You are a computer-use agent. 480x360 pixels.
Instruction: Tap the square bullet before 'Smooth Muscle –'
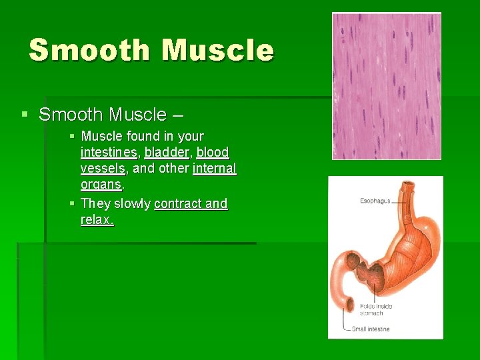[x=25, y=115]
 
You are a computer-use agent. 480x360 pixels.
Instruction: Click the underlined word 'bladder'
[x=167, y=152]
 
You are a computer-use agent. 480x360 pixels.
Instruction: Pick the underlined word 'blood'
[x=213, y=152]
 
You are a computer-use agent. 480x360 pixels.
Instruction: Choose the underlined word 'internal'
[x=214, y=169]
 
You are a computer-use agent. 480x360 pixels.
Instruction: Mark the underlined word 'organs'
[x=101, y=185]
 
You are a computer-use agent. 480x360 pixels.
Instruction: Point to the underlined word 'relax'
[x=96, y=219]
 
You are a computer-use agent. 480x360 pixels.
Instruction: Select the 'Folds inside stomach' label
[x=376, y=310]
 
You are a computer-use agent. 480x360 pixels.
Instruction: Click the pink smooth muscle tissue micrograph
[x=387, y=86]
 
